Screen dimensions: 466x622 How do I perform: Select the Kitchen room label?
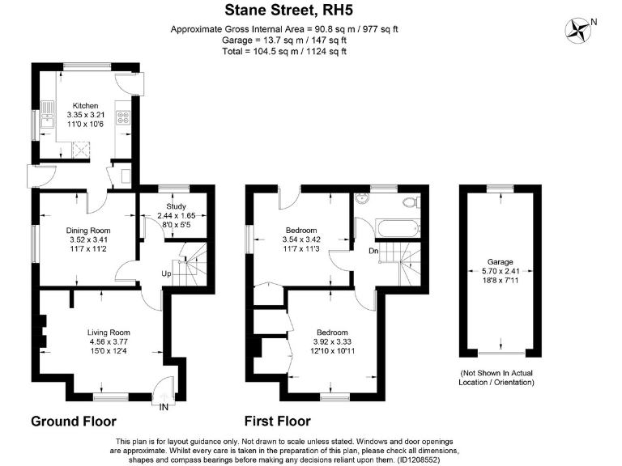(85, 106)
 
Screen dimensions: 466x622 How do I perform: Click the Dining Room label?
(87, 231)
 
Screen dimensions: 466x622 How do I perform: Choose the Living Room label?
(109, 333)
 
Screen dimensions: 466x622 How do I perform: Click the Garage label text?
(500, 262)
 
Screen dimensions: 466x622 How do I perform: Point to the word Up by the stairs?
(166, 273)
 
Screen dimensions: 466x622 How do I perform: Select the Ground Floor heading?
(74, 422)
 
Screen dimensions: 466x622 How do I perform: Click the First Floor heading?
(278, 422)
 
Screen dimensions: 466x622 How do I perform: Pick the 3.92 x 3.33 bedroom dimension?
(332, 342)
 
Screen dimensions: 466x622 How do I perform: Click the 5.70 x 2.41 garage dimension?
(500, 272)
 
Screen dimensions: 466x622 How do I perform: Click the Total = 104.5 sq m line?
(283, 51)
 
